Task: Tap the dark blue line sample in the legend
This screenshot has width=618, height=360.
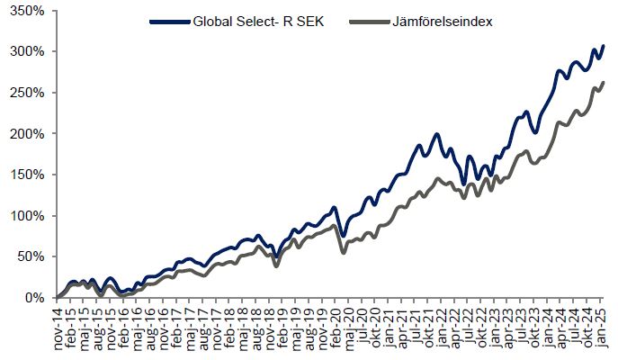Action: click(x=168, y=21)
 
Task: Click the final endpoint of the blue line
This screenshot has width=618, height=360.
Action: click(x=604, y=45)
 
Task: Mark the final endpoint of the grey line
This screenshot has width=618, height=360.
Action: click(x=604, y=82)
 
